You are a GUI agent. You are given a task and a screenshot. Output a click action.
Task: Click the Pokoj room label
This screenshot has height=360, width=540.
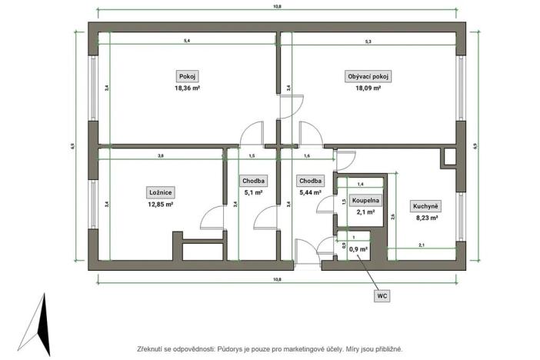(187, 76)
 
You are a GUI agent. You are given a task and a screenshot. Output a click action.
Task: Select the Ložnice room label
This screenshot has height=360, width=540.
(160, 192)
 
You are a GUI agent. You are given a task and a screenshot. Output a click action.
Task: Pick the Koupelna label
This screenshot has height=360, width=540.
(365, 200)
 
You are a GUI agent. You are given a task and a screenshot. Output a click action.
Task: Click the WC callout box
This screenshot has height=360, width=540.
(382, 295)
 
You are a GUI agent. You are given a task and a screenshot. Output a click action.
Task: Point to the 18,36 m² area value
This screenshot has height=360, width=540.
(187, 88)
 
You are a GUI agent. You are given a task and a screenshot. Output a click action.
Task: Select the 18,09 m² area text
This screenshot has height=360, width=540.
(368, 88)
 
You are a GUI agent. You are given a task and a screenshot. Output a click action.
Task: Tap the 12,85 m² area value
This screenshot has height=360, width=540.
(160, 204)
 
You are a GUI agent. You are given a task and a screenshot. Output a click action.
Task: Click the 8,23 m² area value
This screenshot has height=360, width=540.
(426, 218)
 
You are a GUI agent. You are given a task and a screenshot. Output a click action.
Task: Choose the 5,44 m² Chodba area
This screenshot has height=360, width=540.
(311, 193)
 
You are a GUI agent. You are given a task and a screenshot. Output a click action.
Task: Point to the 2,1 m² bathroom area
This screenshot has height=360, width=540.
(364, 212)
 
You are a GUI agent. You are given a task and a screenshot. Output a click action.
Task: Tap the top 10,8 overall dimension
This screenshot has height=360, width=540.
(278, 6)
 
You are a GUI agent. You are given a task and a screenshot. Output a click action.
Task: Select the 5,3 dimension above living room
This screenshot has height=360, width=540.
(368, 40)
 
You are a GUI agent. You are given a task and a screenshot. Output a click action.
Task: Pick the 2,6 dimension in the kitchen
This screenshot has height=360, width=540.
(393, 217)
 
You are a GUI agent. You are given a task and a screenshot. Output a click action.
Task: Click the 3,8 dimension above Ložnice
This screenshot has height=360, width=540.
(160, 156)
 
